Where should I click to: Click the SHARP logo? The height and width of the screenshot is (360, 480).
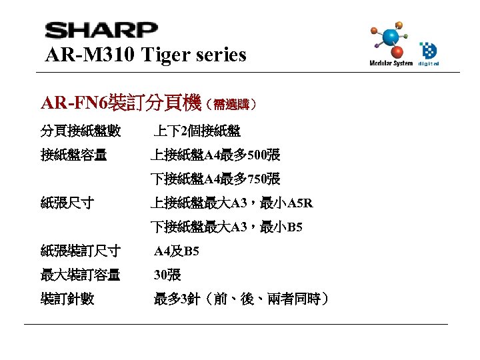coord(101,31)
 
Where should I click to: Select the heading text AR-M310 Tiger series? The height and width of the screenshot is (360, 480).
coord(145,54)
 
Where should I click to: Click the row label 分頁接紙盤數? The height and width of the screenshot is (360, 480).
coord(81,131)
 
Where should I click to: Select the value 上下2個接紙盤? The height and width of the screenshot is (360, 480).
coord(197,131)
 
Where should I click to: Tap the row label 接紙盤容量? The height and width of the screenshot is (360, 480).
coord(73,155)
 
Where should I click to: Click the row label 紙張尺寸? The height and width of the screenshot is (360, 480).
coord(67,203)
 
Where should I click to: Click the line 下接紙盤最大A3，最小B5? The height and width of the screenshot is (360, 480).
coord(226,227)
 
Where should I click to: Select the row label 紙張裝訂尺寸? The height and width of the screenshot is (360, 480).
coord(81,251)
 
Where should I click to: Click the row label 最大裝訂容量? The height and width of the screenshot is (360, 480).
coord(81,275)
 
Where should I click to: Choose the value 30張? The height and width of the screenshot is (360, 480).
coord(167,275)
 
